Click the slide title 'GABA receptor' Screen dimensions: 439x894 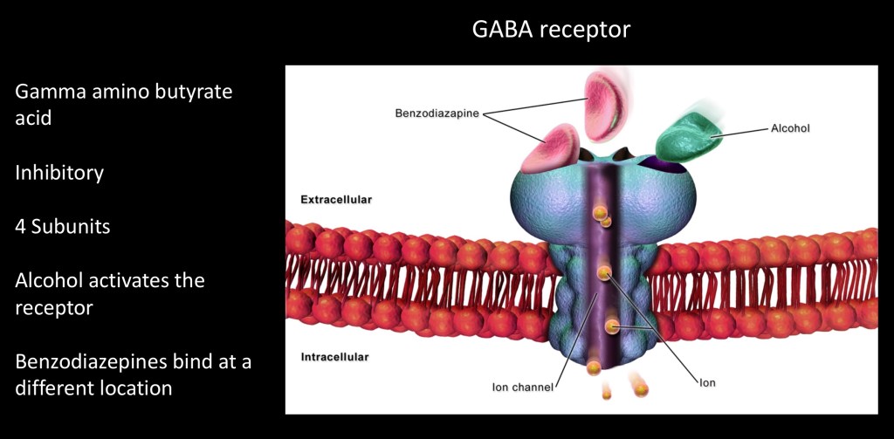point(551,30)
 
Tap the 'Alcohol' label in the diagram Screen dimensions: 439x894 point(790,127)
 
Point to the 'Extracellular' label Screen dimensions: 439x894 point(335,200)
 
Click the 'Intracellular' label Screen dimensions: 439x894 point(334,357)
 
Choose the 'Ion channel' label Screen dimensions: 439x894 point(522,387)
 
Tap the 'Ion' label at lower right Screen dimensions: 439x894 point(707,381)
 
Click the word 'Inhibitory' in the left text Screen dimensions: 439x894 point(59,173)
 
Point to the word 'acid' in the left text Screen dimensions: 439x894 point(33,118)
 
